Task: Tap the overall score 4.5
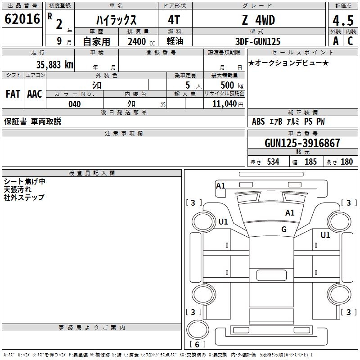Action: [342, 21]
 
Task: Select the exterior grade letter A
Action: [335, 41]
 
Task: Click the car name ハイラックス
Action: [117, 20]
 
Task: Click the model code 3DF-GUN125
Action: [258, 41]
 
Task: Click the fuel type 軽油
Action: [175, 41]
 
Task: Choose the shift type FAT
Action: [13, 94]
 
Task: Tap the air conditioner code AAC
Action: [35, 94]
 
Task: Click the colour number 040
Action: [74, 104]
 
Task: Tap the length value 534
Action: [273, 162]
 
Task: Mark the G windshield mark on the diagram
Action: [284, 229]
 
